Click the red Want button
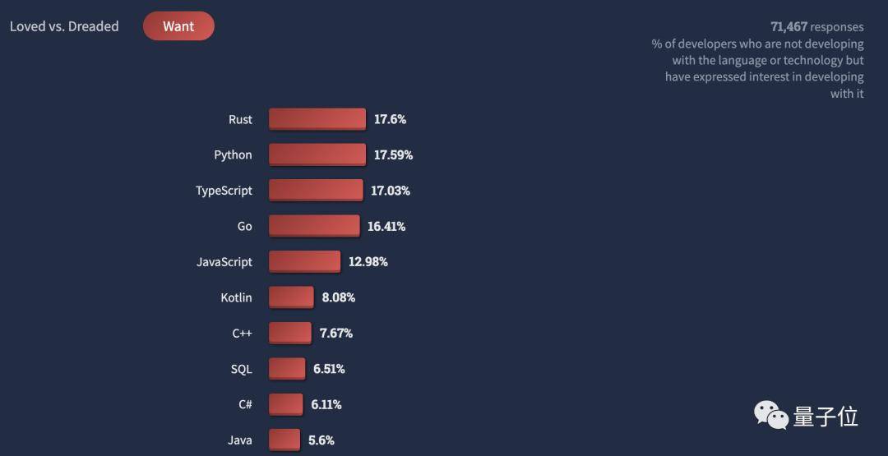[x=178, y=26]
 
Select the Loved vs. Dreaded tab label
[x=64, y=26]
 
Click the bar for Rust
[x=317, y=119]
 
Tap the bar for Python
[x=317, y=154]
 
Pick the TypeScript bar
[x=316, y=191]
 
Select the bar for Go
[x=314, y=226]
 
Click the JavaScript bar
[x=304, y=262]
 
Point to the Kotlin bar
[x=291, y=297]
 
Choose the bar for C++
[x=290, y=333]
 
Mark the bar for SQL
[x=287, y=369]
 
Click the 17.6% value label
[x=390, y=119]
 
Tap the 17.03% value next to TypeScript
[x=390, y=191]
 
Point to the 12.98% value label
[x=368, y=262]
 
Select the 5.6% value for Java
[x=321, y=440]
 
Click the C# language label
[x=244, y=404]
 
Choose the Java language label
[x=240, y=440]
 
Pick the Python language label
[x=233, y=154]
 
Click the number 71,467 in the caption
[x=789, y=27]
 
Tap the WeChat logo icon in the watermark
[x=771, y=415]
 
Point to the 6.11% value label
[x=326, y=404]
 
